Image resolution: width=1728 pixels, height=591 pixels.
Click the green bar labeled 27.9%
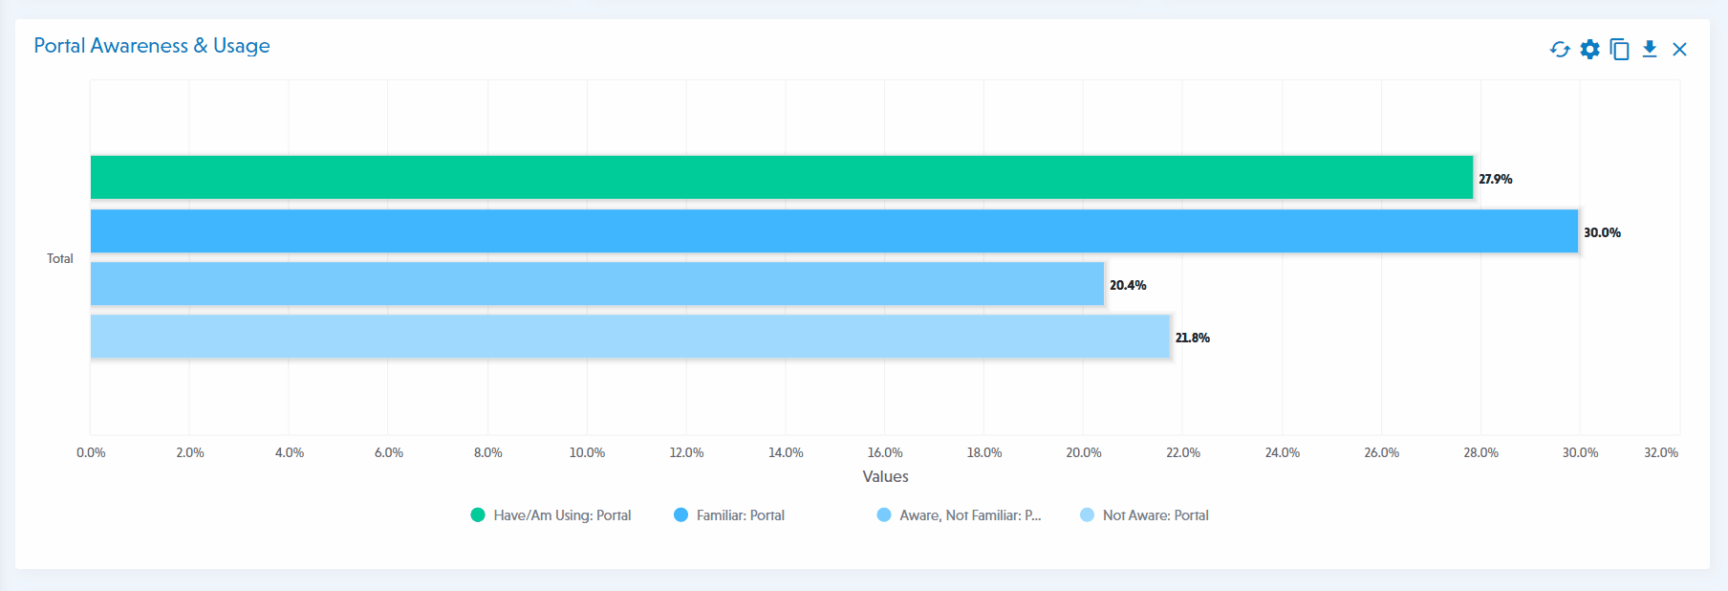point(781,177)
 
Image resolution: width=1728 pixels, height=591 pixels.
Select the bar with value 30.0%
point(833,230)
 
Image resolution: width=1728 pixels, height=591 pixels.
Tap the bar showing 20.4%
point(597,284)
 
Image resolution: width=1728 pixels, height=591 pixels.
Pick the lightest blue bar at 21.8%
point(630,337)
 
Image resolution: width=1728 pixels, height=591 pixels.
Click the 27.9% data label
point(1495,179)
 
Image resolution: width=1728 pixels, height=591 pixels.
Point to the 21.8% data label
point(1192,338)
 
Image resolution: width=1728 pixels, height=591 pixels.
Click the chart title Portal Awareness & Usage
point(152,46)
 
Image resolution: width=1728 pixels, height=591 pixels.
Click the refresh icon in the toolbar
point(1560,50)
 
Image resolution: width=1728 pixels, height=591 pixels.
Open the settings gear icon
point(1589,50)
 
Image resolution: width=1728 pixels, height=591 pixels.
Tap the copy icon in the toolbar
point(1619,50)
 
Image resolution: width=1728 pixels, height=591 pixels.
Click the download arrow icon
point(1650,50)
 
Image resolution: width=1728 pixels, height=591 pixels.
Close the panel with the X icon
point(1679,50)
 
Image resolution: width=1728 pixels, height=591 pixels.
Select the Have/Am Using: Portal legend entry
point(551,515)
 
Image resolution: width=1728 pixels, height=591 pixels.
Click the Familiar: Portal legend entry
point(729,515)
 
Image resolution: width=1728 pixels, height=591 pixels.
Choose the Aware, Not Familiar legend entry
point(959,515)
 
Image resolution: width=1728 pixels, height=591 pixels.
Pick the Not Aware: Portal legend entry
point(1144,515)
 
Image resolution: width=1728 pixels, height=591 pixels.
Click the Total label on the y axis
point(60,258)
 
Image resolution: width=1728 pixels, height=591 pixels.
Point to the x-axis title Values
point(885,476)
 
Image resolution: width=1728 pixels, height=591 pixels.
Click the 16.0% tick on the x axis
point(885,452)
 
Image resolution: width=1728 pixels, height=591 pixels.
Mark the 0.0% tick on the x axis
point(91,452)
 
